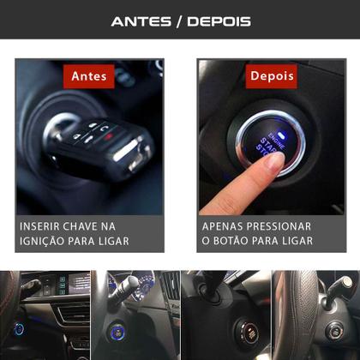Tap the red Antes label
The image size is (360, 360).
[x=90, y=75]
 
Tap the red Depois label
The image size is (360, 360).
[x=271, y=75]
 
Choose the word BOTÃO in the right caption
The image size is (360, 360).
[x=237, y=242]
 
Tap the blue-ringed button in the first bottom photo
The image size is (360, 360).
[x=19, y=328]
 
